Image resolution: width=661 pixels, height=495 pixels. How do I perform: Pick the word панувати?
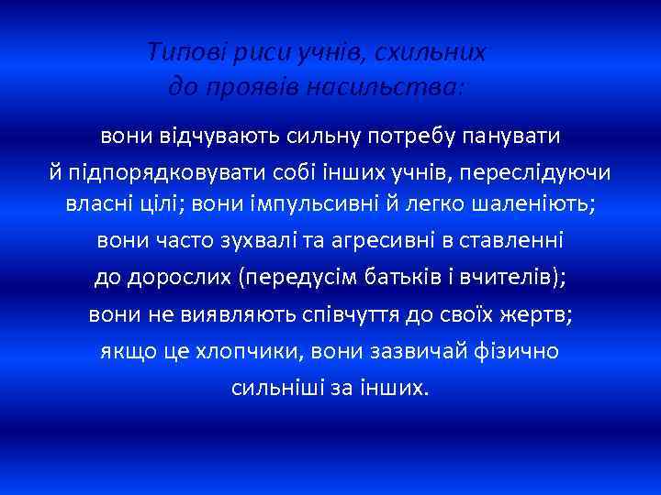pyautogui.click(x=511, y=137)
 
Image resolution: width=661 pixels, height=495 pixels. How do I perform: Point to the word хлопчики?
pyautogui.click(x=251, y=350)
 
